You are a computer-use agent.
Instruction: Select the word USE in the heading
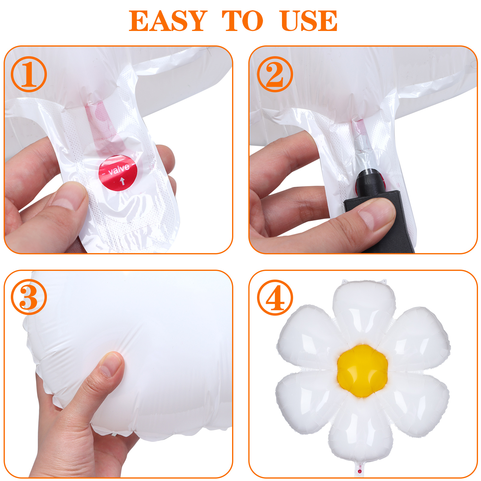pos(309,21)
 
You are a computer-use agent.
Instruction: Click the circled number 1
pos(29,74)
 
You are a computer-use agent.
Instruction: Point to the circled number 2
pos(275,74)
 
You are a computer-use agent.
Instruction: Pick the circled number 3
pos(29,297)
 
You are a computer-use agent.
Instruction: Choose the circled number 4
pos(275,297)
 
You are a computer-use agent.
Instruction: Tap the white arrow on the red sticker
pos(122,181)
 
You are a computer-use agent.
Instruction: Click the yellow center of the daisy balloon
pos(362,371)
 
